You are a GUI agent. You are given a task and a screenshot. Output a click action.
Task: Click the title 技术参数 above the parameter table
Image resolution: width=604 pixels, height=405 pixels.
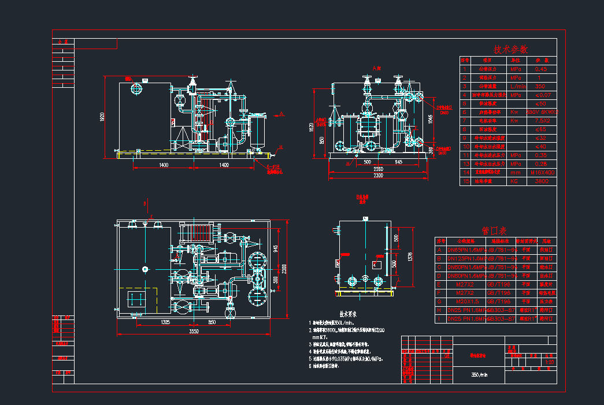[510, 50]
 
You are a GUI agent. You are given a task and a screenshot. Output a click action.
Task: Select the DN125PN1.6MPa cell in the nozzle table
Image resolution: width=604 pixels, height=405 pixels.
[466, 259]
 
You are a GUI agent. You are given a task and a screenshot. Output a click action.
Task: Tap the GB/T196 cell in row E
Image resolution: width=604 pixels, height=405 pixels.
[499, 284]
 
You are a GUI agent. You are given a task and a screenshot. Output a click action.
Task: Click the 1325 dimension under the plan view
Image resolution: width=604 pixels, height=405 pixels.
[165, 322]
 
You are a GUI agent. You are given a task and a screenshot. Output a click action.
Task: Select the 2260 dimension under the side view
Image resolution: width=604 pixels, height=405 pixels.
[377, 169]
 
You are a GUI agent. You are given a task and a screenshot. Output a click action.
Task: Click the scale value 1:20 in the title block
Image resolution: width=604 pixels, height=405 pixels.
[549, 362]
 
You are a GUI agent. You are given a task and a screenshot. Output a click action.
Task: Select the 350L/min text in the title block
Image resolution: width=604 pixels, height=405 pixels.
[480, 374]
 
